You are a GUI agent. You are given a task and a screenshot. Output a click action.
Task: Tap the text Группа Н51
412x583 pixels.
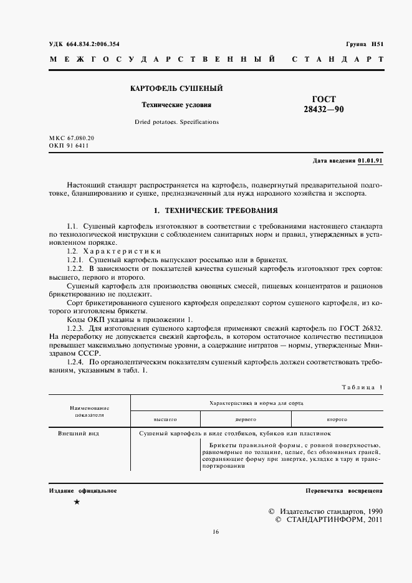click(364, 45)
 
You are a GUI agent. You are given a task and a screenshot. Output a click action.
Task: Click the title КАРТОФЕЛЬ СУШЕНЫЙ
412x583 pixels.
click(176, 89)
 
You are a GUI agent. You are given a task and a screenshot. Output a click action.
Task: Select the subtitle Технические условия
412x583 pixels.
click(177, 105)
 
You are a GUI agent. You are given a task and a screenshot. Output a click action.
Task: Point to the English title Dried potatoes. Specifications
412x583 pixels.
click(177, 122)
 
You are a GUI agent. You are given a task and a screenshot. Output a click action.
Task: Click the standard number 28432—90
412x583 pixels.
click(322, 109)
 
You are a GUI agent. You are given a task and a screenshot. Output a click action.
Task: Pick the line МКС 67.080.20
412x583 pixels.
click(71, 137)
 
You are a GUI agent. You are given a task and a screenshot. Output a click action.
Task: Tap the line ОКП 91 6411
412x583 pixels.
click(69, 146)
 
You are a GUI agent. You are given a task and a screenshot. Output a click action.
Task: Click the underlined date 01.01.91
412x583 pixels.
click(370, 161)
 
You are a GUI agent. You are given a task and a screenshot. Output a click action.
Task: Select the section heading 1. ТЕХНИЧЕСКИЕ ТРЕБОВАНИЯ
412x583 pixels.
click(215, 211)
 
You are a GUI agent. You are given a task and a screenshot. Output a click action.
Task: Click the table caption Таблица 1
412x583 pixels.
click(362, 387)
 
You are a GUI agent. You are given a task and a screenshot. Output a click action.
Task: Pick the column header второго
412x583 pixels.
click(337, 419)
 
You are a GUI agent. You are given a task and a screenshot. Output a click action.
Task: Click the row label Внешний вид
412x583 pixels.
click(79, 432)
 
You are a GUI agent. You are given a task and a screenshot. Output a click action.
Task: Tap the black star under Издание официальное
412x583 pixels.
click(76, 502)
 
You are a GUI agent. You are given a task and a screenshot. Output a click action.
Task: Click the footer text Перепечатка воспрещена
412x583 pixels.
click(344, 491)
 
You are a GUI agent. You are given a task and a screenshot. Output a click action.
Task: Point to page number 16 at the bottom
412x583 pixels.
click(215, 531)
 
